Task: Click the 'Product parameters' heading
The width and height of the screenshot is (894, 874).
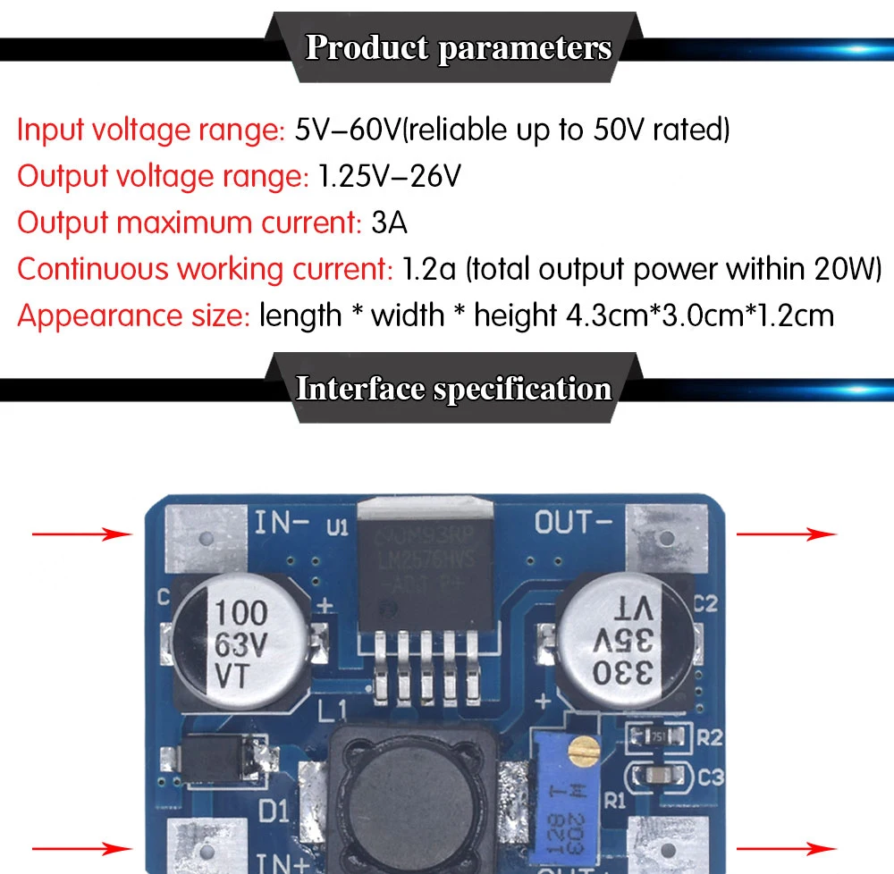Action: (x=458, y=47)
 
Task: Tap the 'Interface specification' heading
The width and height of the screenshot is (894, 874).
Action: (x=453, y=389)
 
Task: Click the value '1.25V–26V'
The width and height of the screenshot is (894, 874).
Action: (x=390, y=177)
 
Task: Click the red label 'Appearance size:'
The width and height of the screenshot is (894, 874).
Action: (x=133, y=315)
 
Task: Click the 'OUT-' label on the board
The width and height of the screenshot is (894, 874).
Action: (x=574, y=522)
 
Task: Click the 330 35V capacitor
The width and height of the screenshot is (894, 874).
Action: (x=622, y=642)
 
